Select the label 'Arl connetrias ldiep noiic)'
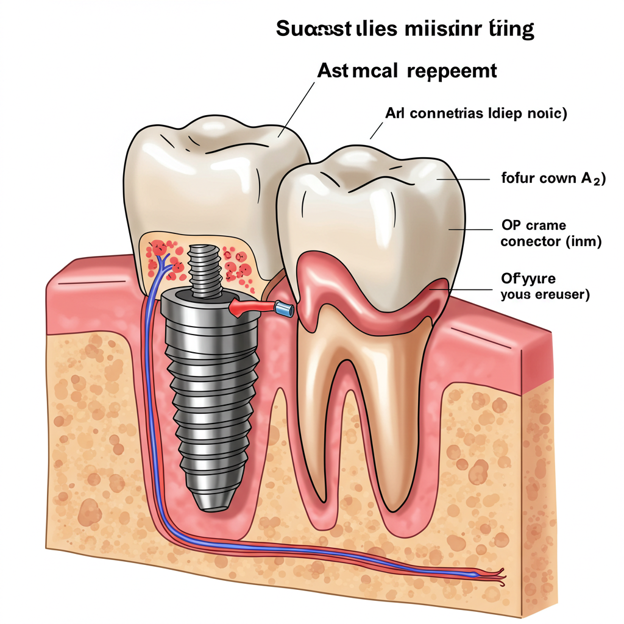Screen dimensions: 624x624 [476, 113]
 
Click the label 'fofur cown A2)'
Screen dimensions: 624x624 [553, 179]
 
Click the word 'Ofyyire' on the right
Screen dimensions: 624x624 [528, 280]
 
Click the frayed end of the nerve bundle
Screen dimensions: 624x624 [497, 573]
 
